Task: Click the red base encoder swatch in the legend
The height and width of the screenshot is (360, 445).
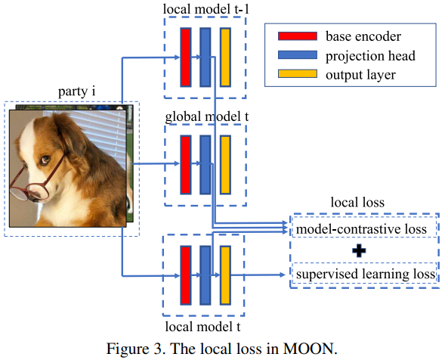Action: point(298,36)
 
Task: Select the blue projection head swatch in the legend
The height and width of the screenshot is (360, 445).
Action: point(298,55)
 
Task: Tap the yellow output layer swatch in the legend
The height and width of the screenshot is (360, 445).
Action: point(298,74)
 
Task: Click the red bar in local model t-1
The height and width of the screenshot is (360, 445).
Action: point(184,57)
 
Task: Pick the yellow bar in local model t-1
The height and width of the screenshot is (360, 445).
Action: point(225,57)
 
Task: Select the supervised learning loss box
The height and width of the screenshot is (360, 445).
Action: point(364,272)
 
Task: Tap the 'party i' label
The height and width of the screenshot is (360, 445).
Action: point(76,92)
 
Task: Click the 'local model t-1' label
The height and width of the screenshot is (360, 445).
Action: point(204,8)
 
